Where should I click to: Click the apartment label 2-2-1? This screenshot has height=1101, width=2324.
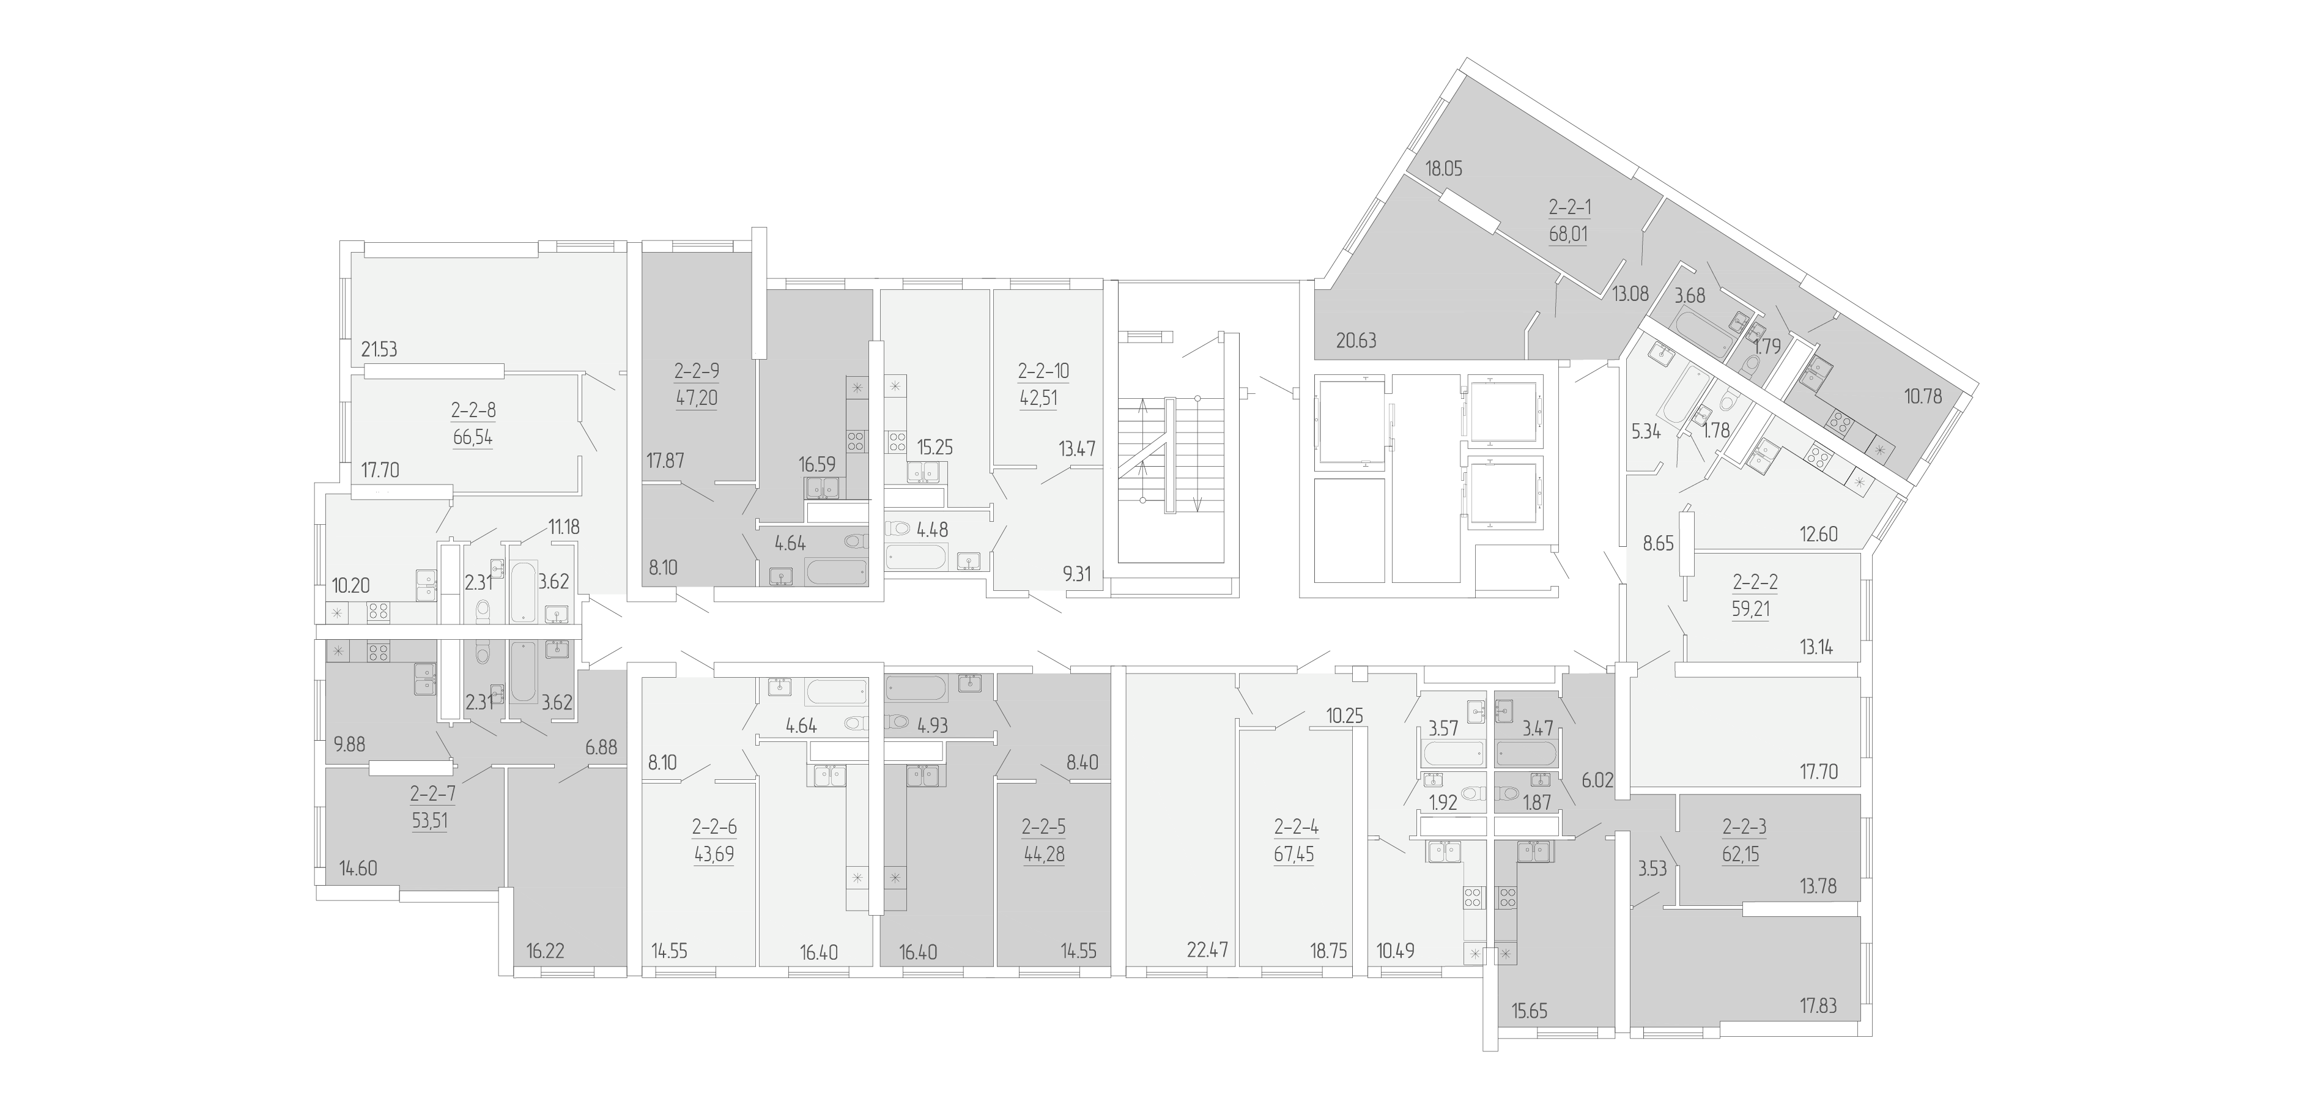point(1570,207)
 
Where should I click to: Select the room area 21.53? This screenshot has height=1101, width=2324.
point(379,349)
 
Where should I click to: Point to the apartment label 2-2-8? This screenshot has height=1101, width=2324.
point(473,410)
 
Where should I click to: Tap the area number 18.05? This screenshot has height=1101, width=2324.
point(1443,168)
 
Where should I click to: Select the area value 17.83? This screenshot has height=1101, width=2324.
point(1818,1006)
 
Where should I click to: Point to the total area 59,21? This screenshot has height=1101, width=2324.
point(1750,609)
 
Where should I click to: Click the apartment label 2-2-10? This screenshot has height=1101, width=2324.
point(1044,371)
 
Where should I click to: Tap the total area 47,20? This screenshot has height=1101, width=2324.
point(697,398)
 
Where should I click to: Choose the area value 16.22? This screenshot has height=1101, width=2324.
point(545,951)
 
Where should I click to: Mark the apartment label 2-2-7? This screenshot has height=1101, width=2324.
point(433,794)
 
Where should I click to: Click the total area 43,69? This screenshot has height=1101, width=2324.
point(714,854)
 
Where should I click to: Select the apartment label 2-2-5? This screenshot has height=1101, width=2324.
point(1044,826)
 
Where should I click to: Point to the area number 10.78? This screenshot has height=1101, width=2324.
point(1923,395)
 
